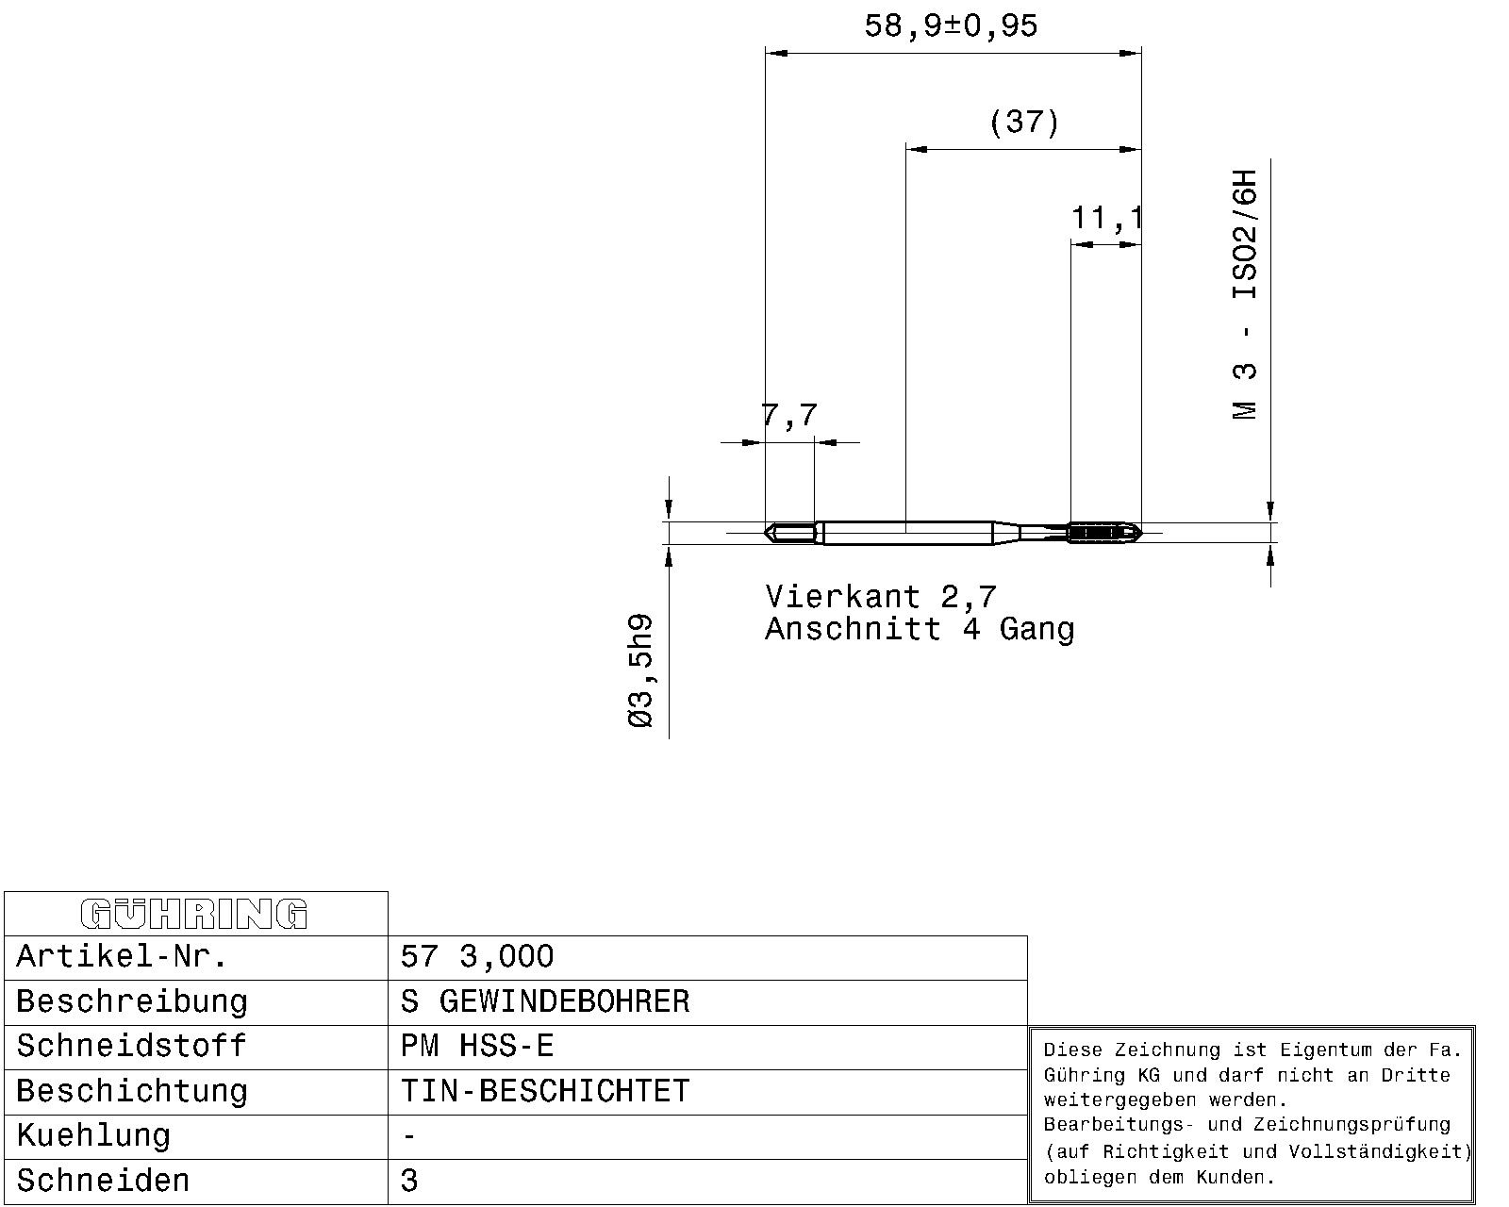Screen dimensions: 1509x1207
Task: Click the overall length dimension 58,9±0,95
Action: [950, 26]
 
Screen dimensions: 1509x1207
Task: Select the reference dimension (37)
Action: [1024, 122]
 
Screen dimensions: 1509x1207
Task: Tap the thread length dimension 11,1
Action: [1106, 218]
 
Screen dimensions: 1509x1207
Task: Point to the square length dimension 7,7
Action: [789, 415]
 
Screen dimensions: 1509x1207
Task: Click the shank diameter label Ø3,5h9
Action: [641, 670]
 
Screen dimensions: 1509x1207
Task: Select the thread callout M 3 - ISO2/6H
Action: [1245, 294]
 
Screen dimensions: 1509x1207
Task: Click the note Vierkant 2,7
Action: [881, 597]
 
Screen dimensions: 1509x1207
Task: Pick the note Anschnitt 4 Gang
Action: [920, 629]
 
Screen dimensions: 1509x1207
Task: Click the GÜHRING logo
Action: [194, 913]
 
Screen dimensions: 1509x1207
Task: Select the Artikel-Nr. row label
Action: [122, 956]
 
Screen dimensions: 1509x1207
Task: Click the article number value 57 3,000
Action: [477, 956]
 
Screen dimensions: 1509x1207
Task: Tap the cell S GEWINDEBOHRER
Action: [545, 1001]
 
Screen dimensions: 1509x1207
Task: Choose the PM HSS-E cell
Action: [477, 1047]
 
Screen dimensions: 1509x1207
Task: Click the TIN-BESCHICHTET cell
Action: [545, 1091]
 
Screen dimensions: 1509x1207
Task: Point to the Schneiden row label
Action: [103, 1181]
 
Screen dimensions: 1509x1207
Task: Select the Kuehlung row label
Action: [93, 1136]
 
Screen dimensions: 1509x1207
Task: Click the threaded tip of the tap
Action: [1104, 533]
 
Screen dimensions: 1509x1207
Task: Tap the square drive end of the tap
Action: [789, 533]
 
